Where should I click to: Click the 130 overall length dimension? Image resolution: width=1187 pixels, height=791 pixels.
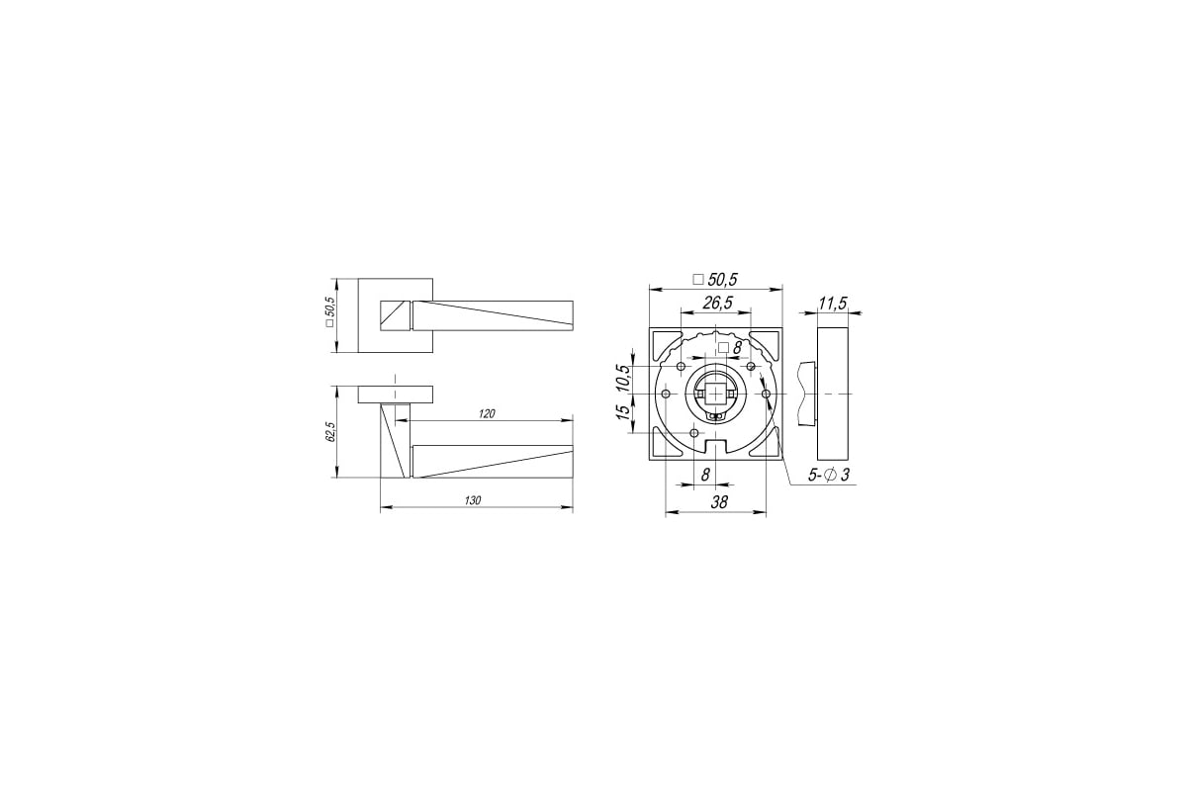pos(472,500)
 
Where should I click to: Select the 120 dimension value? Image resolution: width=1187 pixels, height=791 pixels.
pos(487,413)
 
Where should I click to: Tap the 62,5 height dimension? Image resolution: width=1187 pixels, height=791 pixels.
pos(331,432)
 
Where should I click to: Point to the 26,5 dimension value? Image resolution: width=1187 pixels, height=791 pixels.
pos(717,303)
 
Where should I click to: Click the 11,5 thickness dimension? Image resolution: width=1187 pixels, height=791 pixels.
pos(833,304)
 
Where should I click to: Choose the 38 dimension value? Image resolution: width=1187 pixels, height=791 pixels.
pos(719,501)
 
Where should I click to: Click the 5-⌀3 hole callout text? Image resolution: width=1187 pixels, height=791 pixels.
pos(829,475)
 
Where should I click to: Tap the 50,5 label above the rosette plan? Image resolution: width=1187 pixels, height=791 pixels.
pos(715,279)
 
